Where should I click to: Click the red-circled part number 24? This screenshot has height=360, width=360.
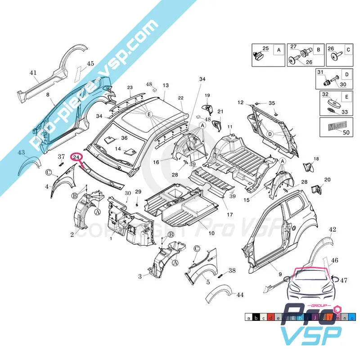pyautogui.click(x=77, y=157)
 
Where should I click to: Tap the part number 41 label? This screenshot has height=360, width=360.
pyautogui.click(x=33, y=73)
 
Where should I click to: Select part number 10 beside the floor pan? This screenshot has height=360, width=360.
pyautogui.click(x=211, y=233)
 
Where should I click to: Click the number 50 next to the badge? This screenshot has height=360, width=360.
pyautogui.click(x=346, y=132)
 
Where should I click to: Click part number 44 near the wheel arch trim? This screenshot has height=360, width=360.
pyautogui.click(x=240, y=295)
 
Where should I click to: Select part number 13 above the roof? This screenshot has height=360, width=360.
pyautogui.click(x=166, y=85)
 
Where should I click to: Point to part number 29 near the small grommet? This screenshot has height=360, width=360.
pyautogui.click(x=138, y=192)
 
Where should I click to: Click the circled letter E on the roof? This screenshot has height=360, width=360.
pyautogui.click(x=149, y=114)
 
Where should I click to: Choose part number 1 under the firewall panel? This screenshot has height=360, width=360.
pyautogui.click(x=111, y=238)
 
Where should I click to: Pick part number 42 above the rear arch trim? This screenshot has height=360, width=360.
pyautogui.click(x=332, y=230)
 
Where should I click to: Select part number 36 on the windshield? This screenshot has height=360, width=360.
pyautogui.click(x=124, y=138)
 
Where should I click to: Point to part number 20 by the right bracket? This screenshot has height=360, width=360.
pyautogui.click(x=327, y=180)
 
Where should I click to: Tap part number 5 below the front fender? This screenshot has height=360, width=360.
pyautogui.click(x=208, y=283)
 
